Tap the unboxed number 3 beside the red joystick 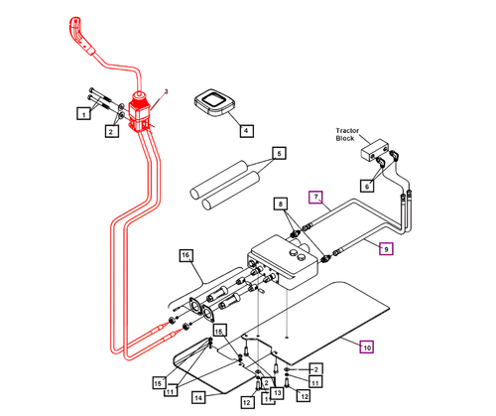[167, 92]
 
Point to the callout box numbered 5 [280, 154]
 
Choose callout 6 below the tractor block [366, 185]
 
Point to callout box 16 [185, 255]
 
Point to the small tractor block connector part [377, 154]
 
